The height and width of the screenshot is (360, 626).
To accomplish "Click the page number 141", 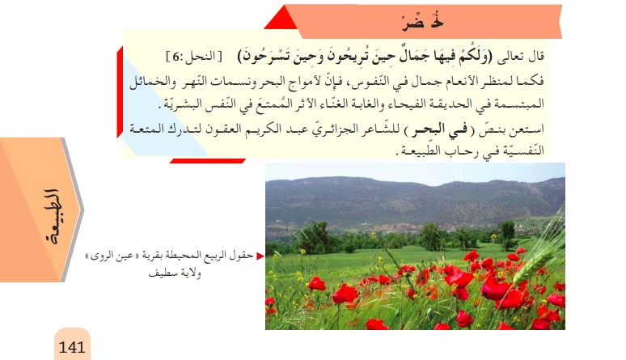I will pyautogui.click(x=72, y=346).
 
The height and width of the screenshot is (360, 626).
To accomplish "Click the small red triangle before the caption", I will pyautogui.click(x=260, y=257).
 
